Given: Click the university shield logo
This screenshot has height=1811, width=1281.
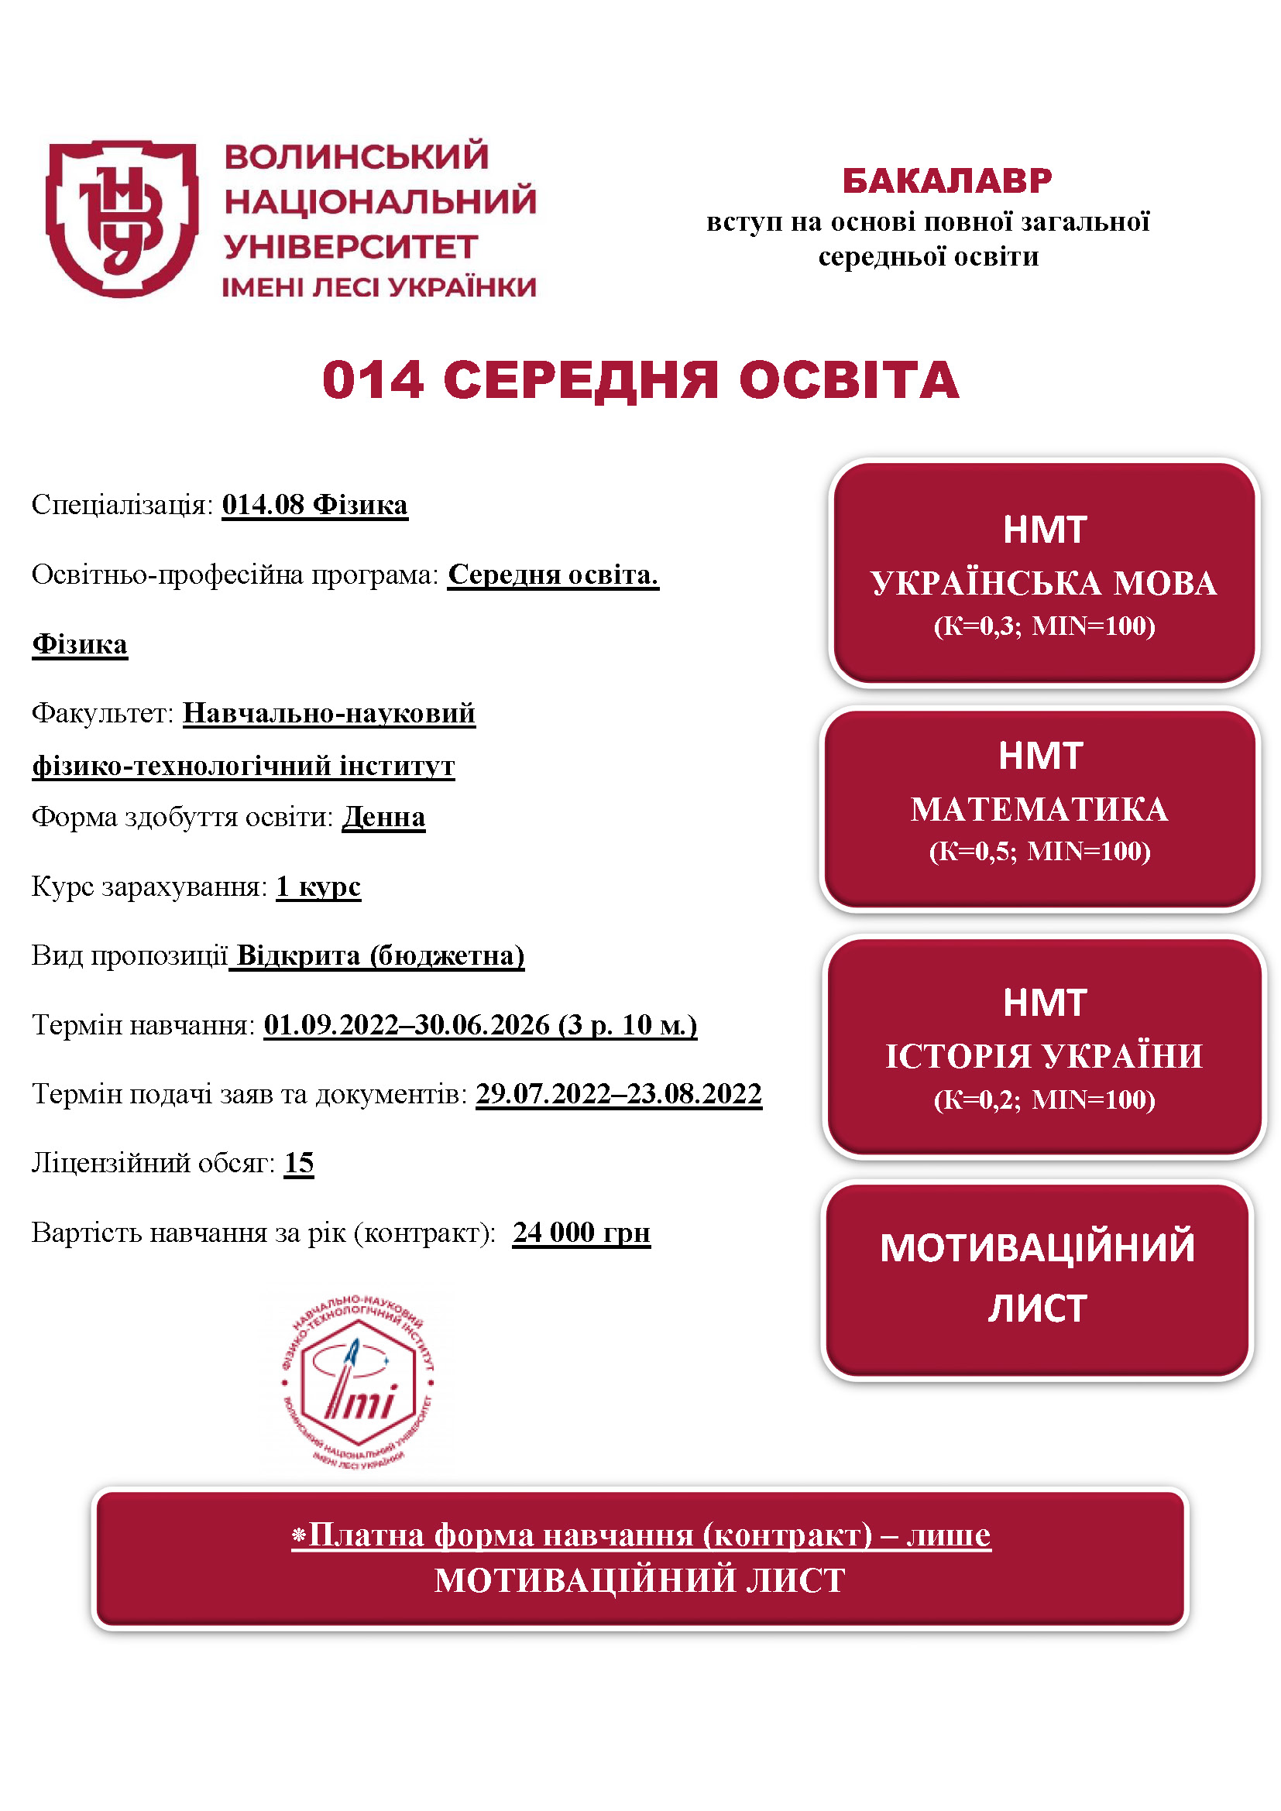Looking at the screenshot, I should click(122, 219).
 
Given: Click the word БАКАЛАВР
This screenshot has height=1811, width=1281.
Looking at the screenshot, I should click(946, 181).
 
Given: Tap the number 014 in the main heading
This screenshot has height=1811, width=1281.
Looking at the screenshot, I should click(373, 380).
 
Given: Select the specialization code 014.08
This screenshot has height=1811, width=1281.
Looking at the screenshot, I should click(263, 505).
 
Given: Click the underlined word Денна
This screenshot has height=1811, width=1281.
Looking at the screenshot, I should click(383, 817).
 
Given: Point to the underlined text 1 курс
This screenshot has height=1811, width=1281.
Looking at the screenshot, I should click(318, 887).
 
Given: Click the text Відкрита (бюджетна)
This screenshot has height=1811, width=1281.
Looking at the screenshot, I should click(380, 956).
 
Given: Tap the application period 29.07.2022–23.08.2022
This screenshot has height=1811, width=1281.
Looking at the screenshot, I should click(618, 1094).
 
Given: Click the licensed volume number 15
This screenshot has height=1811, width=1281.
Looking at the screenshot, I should click(299, 1163).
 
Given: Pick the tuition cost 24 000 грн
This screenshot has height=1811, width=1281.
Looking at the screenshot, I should click(582, 1232).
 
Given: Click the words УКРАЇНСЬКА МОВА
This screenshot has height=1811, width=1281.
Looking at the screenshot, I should click(1043, 584).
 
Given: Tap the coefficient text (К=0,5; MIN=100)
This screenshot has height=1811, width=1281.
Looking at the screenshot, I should click(1039, 851).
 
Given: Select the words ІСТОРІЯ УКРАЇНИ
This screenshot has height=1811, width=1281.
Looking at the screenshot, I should click(1043, 1056).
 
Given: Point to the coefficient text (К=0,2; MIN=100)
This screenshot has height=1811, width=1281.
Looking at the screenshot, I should click(1043, 1099).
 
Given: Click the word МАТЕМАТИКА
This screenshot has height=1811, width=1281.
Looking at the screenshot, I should click(1039, 810).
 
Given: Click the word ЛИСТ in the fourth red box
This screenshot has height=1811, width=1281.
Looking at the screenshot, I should click(1037, 1309).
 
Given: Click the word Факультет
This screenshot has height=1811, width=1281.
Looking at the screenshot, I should click(101, 713).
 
